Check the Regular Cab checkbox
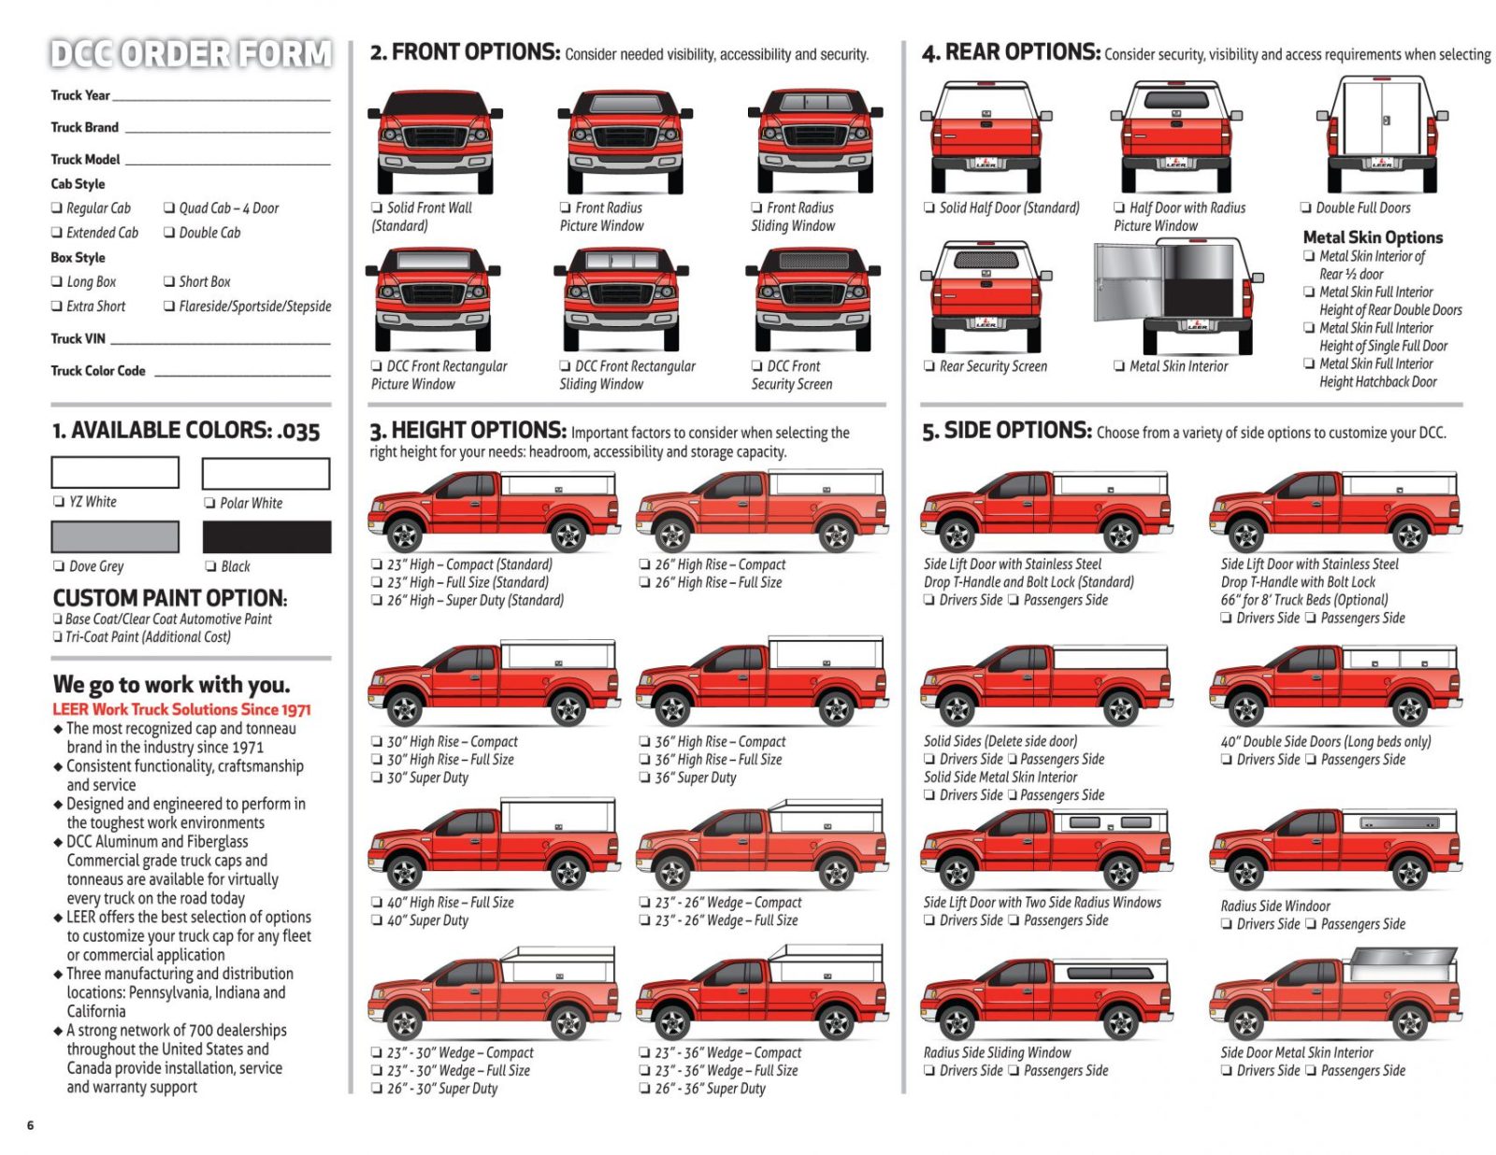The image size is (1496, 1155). pos(57,208)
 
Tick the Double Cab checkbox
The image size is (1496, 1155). pos(169,233)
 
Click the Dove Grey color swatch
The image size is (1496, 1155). pos(115,537)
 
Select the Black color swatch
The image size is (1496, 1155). pos(266,537)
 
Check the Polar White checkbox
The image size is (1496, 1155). pos(210,503)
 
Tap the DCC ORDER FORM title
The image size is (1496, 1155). pos(191,54)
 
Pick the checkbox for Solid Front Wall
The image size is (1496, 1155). pos(377,208)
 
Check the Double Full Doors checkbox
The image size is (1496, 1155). pos(1306,208)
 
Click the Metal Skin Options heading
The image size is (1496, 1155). pos(1373,237)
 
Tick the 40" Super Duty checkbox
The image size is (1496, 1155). pos(377,920)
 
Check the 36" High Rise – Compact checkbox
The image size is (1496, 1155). pos(645,742)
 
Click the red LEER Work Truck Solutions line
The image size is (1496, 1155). pos(181,709)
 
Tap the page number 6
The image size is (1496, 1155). pos(30,1125)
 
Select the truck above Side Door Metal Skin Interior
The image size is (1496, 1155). pos(1335,994)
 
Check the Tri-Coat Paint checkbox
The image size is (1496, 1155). pos(58,637)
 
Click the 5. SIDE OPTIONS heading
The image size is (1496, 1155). pos(1006,431)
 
